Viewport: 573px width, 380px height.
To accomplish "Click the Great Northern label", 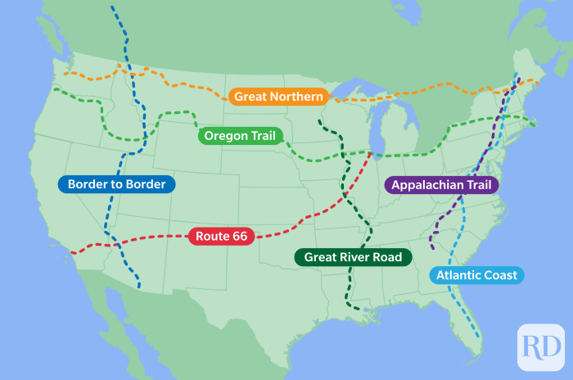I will click(x=278, y=97).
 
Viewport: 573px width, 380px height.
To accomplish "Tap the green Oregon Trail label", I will click(x=240, y=136).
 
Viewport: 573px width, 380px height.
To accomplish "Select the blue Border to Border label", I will click(x=116, y=184).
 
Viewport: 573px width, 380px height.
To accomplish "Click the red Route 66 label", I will click(x=221, y=236).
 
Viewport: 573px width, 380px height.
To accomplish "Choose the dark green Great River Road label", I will click(x=353, y=257).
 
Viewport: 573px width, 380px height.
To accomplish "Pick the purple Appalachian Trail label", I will click(x=441, y=185).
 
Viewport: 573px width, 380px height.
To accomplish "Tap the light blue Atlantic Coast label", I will click(x=476, y=275).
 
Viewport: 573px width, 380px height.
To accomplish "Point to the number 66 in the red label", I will click(x=238, y=236).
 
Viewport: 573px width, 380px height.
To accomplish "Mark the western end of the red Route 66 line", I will click(x=73, y=252).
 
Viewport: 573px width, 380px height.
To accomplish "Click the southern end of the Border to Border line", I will click(x=138, y=287).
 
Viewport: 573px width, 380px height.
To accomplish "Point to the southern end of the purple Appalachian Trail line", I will click(x=431, y=247).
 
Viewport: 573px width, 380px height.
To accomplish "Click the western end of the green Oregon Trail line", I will click(x=54, y=89).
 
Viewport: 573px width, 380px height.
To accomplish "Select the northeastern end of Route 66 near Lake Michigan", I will click(x=372, y=153).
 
